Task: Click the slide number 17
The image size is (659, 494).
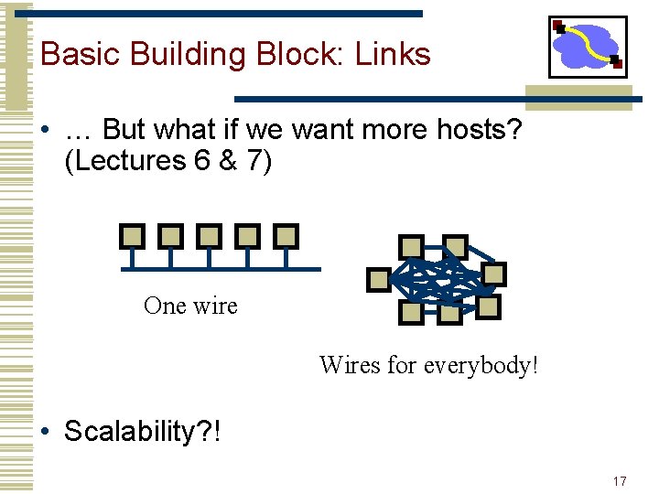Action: pos(620,481)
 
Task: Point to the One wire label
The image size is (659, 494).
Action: pos(190,306)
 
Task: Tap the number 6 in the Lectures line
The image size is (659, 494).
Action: pos(202,161)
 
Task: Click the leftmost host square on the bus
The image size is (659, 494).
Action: pos(133,237)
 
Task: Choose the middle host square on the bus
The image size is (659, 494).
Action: pos(210,237)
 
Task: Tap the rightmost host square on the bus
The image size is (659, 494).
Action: pos(286,237)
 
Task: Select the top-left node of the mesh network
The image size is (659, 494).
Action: pos(411,246)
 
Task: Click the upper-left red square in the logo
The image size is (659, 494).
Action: pos(558,27)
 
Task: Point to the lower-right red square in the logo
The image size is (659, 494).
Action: pos(616,64)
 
